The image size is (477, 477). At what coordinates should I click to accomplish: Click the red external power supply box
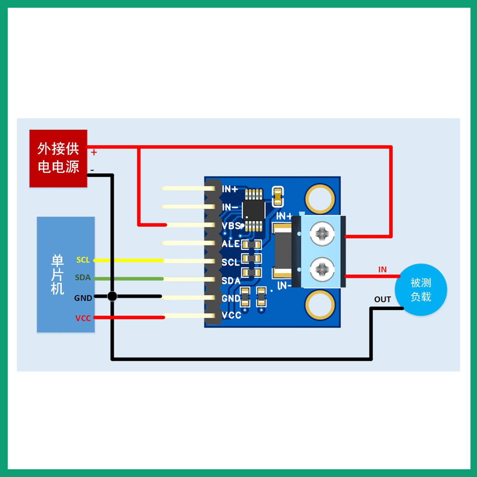[58, 158]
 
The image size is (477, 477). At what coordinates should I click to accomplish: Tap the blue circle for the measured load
[421, 290]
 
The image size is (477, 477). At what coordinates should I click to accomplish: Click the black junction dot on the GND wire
[112, 296]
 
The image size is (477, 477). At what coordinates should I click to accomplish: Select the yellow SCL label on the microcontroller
[83, 260]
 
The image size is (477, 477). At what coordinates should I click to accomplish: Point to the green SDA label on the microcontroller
[83, 278]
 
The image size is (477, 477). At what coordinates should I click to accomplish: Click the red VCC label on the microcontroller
[83, 318]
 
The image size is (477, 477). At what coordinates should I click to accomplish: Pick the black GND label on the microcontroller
[83, 298]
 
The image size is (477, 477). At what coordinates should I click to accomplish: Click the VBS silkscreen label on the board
[231, 226]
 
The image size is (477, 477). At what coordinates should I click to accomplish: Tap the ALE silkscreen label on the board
[231, 244]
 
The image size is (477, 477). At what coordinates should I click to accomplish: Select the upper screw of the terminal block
[322, 234]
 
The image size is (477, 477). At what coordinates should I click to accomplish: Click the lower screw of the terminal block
[322, 269]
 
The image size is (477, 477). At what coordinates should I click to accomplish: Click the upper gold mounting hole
[320, 199]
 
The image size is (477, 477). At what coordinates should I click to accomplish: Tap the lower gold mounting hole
[320, 305]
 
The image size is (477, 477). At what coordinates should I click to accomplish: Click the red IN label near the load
[383, 270]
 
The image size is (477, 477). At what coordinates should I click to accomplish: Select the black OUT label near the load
[383, 299]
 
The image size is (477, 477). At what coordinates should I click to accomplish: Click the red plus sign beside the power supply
[94, 152]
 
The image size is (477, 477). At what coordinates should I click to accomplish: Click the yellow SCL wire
[128, 260]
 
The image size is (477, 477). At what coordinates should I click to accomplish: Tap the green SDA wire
[128, 279]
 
